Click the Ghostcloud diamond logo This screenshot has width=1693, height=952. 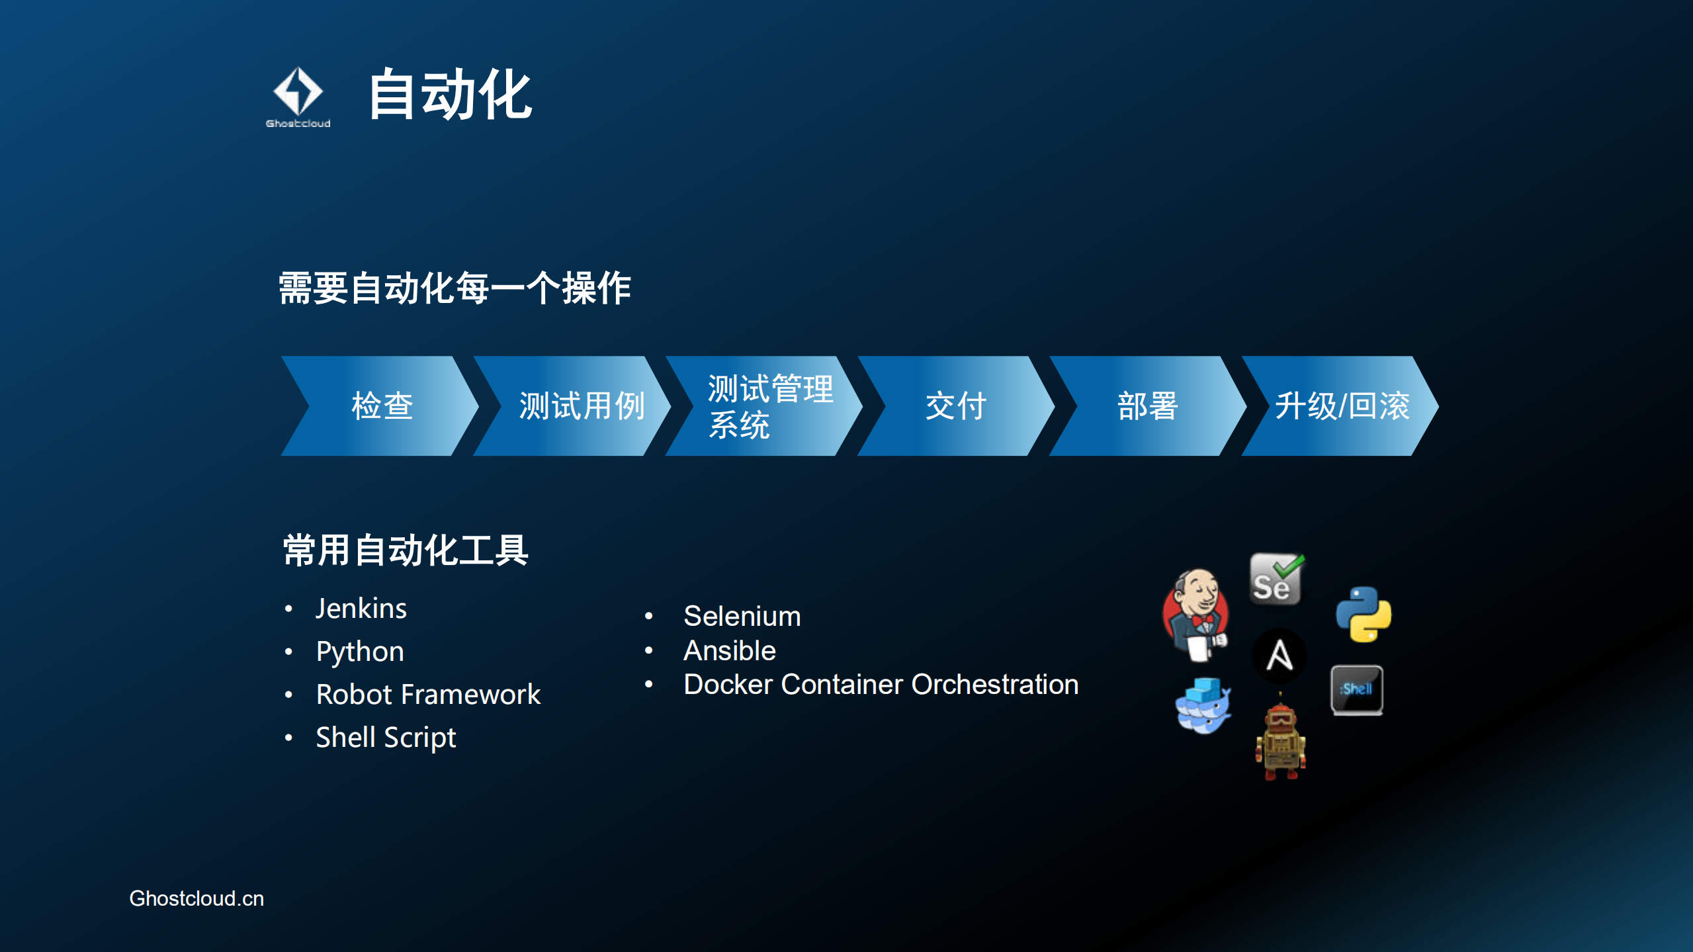(298, 93)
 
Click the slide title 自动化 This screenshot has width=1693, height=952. (450, 95)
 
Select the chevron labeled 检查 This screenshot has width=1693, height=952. (382, 406)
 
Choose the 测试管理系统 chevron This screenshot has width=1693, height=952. (767, 406)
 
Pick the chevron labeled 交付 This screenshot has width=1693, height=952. (956, 406)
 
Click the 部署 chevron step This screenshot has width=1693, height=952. (1147, 406)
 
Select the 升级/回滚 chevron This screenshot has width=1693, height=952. (1342, 406)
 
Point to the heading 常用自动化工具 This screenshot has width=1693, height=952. (406, 550)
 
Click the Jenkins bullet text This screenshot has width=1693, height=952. (361, 609)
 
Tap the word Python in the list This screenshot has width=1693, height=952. (360, 652)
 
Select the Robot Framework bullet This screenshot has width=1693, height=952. (428, 695)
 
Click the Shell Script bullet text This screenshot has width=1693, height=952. (386, 738)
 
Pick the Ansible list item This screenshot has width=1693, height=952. (729, 651)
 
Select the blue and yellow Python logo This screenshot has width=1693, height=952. (1364, 614)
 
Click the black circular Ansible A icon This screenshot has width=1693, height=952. (1280, 656)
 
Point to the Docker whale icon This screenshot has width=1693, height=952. (1203, 707)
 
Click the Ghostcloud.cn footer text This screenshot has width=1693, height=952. (196, 898)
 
